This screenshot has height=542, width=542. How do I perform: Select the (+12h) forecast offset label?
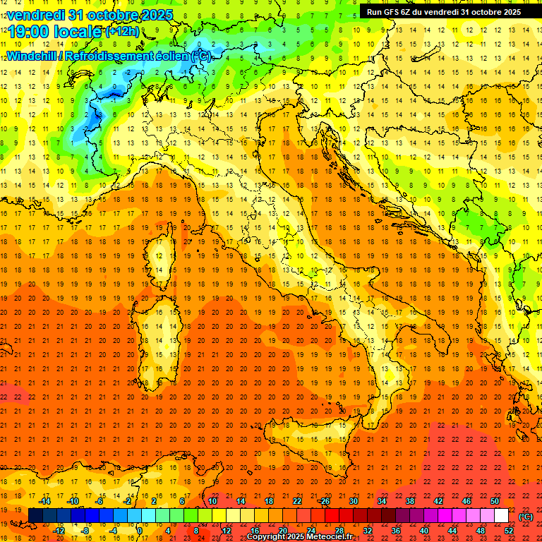(121, 31)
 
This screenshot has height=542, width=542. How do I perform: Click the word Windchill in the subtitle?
(35, 56)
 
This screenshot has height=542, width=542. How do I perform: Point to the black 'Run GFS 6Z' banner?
(443, 11)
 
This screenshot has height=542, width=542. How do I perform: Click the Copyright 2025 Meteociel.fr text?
(299, 537)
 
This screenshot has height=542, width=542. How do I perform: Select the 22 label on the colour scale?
(296, 501)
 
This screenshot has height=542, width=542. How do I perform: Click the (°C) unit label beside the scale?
(526, 517)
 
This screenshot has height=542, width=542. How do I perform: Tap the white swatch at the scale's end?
(501, 516)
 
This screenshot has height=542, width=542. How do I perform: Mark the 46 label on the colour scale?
(466, 501)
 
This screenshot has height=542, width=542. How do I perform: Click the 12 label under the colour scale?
(226, 531)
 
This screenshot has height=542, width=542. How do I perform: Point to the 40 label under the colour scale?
(423, 531)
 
